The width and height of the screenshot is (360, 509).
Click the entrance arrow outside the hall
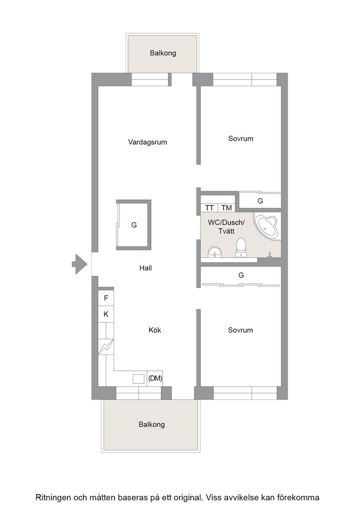coord(80,264)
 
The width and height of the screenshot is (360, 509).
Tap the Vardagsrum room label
coord(147,142)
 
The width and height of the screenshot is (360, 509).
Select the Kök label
coord(155,330)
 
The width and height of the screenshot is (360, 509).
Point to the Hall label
coord(145,268)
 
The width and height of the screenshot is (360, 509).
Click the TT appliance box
coord(210,208)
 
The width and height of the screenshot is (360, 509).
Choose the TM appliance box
coord(226,208)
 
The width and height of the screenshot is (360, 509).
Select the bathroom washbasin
coord(215,252)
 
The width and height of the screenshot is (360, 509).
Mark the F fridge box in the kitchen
coord(106,298)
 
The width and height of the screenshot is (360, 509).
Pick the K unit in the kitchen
coord(106,314)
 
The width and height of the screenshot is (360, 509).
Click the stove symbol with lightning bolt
coord(106,347)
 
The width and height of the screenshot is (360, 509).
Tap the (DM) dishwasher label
coord(155,378)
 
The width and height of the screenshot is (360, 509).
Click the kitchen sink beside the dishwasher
coord(139,379)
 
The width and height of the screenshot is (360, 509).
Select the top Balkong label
coord(163,53)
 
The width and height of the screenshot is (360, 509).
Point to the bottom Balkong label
coord(152,424)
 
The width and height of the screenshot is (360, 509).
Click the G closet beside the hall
coord(134,225)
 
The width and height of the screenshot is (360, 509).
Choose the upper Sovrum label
coord(240,139)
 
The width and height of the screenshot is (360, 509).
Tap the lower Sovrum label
coord(240,330)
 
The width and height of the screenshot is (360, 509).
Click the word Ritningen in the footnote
coord(54,497)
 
